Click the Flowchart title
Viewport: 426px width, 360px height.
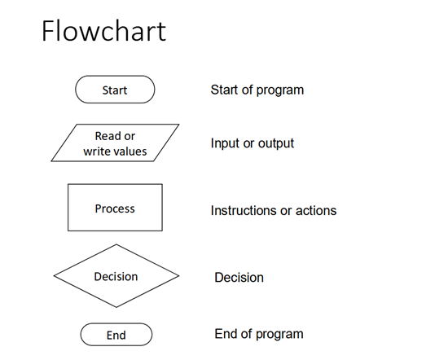tap(103, 31)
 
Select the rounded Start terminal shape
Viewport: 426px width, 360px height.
tap(115, 90)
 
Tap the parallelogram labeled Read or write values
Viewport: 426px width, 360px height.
tap(115, 143)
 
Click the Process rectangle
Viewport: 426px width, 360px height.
tap(115, 208)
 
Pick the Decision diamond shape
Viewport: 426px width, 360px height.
tap(116, 276)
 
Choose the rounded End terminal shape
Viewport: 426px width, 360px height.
tap(116, 335)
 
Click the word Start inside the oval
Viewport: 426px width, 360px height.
tap(115, 90)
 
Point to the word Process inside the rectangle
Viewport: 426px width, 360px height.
tap(115, 209)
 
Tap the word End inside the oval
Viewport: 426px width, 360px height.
tap(116, 336)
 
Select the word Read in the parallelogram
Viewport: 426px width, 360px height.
tap(108, 136)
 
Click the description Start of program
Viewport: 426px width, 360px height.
tap(257, 90)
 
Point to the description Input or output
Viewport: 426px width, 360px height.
tap(253, 143)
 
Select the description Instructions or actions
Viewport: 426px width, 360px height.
tap(274, 211)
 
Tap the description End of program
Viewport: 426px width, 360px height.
tap(259, 334)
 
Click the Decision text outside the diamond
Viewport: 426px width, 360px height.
tap(239, 278)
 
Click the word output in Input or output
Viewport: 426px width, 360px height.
tap(276, 143)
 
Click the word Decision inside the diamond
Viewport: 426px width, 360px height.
tap(116, 277)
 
